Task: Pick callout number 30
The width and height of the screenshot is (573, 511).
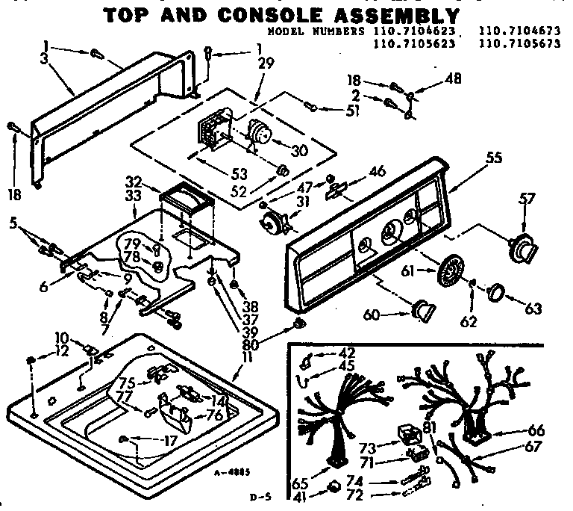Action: pyautogui.click(x=299, y=150)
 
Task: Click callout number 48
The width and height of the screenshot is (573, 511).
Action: pyautogui.click(x=432, y=78)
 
